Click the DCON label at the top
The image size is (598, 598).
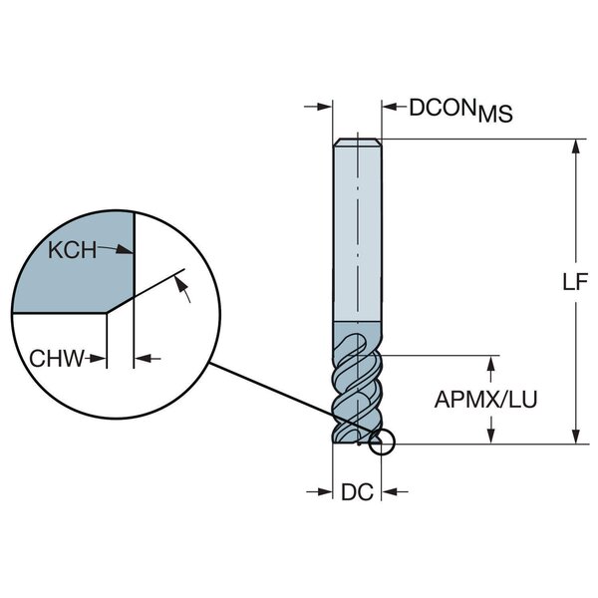(442, 107)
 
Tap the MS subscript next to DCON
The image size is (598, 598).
(494, 116)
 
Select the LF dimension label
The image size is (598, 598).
(573, 282)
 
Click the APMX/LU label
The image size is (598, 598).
(485, 400)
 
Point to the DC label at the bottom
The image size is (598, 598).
(356, 490)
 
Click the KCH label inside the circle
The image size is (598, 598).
(73, 250)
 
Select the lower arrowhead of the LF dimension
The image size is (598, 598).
(575, 437)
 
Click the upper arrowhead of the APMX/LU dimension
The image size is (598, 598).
(489, 361)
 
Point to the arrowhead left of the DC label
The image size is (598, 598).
(326, 490)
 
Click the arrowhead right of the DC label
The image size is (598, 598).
(389, 490)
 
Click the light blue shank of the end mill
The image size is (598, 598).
(356, 229)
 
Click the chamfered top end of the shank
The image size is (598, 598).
(356, 142)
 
